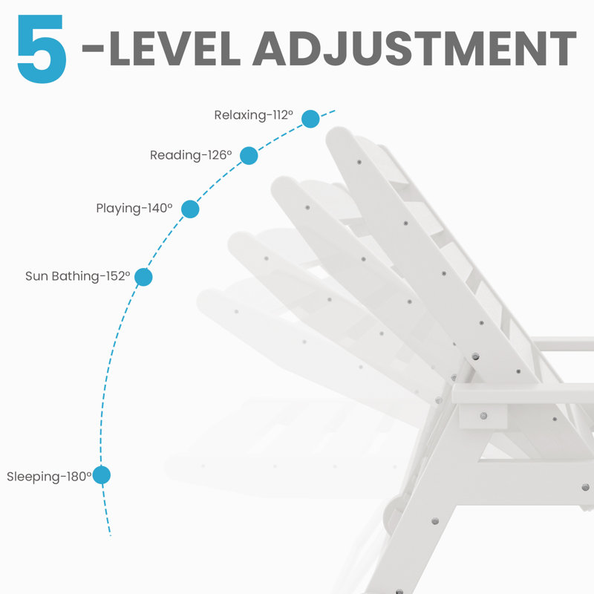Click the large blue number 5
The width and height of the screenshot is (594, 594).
pyautogui.click(x=42, y=48)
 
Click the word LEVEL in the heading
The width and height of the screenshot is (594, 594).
pyautogui.click(x=174, y=48)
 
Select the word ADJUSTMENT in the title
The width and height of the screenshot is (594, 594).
pyautogui.click(x=414, y=48)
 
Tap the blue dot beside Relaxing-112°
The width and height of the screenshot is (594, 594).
pyautogui.click(x=310, y=119)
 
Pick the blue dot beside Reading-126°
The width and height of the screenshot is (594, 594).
pyautogui.click(x=249, y=156)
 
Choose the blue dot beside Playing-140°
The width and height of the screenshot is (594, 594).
pyautogui.click(x=190, y=209)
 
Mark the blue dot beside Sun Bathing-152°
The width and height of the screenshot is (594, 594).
pyautogui.click(x=143, y=277)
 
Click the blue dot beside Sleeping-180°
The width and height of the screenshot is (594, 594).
pyautogui.click(x=102, y=475)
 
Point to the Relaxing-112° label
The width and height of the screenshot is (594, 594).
pyautogui.click(x=253, y=115)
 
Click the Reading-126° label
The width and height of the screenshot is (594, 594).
pyautogui.click(x=191, y=155)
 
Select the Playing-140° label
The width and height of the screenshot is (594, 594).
pyautogui.click(x=134, y=209)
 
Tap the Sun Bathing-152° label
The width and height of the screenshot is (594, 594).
pyautogui.click(x=78, y=276)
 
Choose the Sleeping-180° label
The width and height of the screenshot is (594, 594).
pyautogui.click(x=49, y=477)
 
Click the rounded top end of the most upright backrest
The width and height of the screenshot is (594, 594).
pyautogui.click(x=339, y=137)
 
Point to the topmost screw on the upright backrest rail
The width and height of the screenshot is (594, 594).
pyautogui.click(x=359, y=162)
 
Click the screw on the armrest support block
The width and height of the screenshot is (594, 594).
pyautogui.click(x=483, y=416)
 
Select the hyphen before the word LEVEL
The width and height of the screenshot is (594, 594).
pyautogui.click(x=93, y=48)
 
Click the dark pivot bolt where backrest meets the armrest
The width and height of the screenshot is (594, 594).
pyautogui.click(x=475, y=356)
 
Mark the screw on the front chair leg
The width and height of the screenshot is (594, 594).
pyautogui.click(x=435, y=521)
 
